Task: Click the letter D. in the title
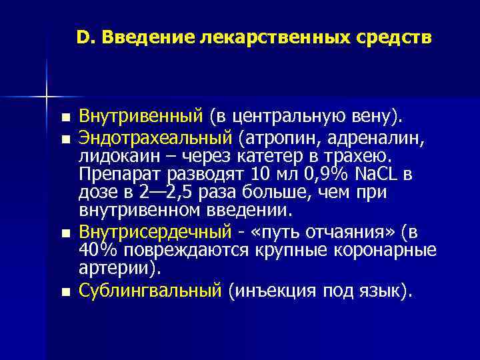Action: [x=85, y=39]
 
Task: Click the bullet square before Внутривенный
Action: [x=64, y=119]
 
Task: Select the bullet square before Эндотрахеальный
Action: [x=64, y=139]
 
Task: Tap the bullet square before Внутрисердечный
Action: [x=64, y=234]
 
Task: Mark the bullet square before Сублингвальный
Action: [x=64, y=291]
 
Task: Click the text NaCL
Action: [x=377, y=175]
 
